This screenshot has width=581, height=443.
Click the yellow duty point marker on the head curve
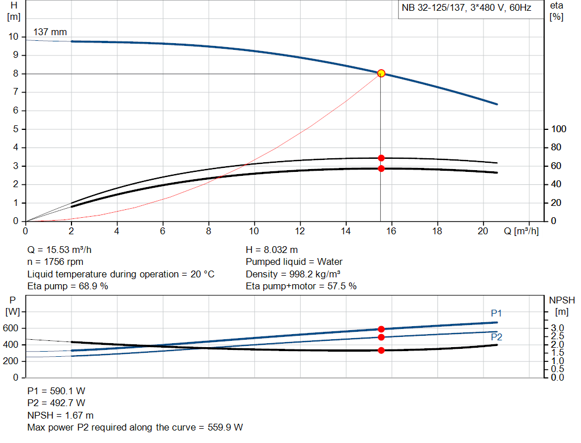(381, 73)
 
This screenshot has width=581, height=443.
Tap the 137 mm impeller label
(50, 32)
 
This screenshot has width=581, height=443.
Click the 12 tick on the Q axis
(300, 231)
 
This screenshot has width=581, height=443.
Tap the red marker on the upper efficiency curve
(381, 158)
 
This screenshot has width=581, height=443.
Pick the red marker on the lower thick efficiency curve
(381, 168)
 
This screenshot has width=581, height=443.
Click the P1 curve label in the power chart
(496, 313)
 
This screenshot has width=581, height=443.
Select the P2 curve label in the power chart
(496, 337)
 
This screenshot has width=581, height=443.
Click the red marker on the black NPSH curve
(381, 350)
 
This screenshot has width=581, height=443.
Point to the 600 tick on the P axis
(11, 328)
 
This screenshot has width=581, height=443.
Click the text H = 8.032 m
(272, 250)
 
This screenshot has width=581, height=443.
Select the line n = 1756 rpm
(56, 262)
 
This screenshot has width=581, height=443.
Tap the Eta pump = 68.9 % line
(68, 286)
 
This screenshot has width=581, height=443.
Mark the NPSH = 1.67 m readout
(61, 415)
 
